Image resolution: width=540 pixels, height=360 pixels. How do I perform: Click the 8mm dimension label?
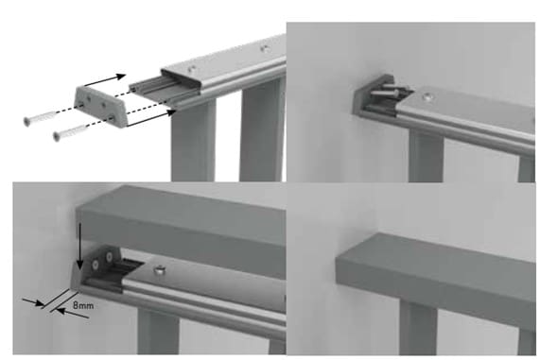coord(83,305)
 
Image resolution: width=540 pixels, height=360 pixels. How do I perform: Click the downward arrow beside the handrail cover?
coord(79,246)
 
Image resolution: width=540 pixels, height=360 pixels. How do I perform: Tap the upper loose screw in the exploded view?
coord(41,116)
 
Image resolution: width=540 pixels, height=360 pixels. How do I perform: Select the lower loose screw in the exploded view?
coord(71,132)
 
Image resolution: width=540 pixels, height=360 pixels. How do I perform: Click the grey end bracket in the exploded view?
coord(101,107)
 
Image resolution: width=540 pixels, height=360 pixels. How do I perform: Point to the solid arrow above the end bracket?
coord(105,80)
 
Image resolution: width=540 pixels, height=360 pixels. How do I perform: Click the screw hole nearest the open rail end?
coord(191,68)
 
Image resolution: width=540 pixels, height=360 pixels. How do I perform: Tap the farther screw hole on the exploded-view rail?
coord(264,48)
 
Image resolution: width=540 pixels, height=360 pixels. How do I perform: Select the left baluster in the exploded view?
coord(193,145)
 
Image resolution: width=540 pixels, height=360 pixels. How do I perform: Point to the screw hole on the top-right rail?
coord(427,97)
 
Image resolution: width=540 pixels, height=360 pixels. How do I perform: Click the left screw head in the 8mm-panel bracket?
coord(96,264)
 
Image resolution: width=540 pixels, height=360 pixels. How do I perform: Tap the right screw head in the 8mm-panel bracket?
coord(109,257)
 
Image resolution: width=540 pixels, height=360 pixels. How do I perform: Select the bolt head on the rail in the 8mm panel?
coord(159,269)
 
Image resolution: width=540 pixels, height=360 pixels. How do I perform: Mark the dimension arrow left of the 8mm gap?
coord(33,302)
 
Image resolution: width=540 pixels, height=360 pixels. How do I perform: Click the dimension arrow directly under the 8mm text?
coord(72,313)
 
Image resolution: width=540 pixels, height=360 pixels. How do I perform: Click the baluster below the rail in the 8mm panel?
coord(158,331)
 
